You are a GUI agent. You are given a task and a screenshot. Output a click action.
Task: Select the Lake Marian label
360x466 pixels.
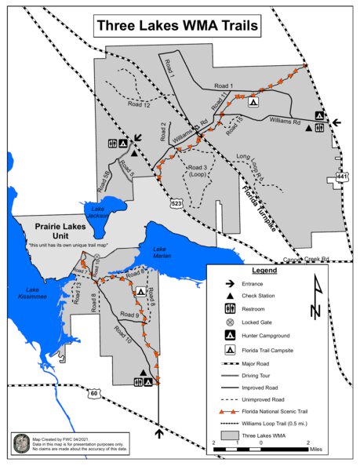(x=147, y=252)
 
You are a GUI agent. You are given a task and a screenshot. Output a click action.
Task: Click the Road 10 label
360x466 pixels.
(x=123, y=337)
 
